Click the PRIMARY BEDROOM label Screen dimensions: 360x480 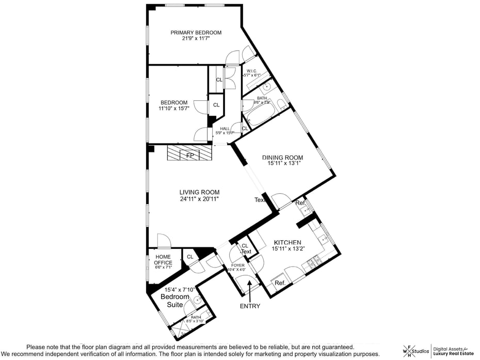(x=196, y=33)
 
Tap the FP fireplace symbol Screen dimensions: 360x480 (x=190, y=154)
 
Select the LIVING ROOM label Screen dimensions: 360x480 (x=196, y=192)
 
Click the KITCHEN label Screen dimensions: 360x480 (x=287, y=242)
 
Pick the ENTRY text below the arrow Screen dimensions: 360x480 (x=250, y=306)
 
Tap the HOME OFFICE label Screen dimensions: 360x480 (x=163, y=259)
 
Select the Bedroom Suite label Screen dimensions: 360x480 (x=175, y=301)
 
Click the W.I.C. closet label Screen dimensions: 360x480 (x=252, y=71)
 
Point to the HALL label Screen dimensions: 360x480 (x=225, y=129)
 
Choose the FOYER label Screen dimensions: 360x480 (x=238, y=265)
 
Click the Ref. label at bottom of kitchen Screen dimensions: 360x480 (x=280, y=283)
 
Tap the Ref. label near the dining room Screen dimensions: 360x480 (x=300, y=203)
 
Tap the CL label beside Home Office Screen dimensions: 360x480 (x=190, y=256)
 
